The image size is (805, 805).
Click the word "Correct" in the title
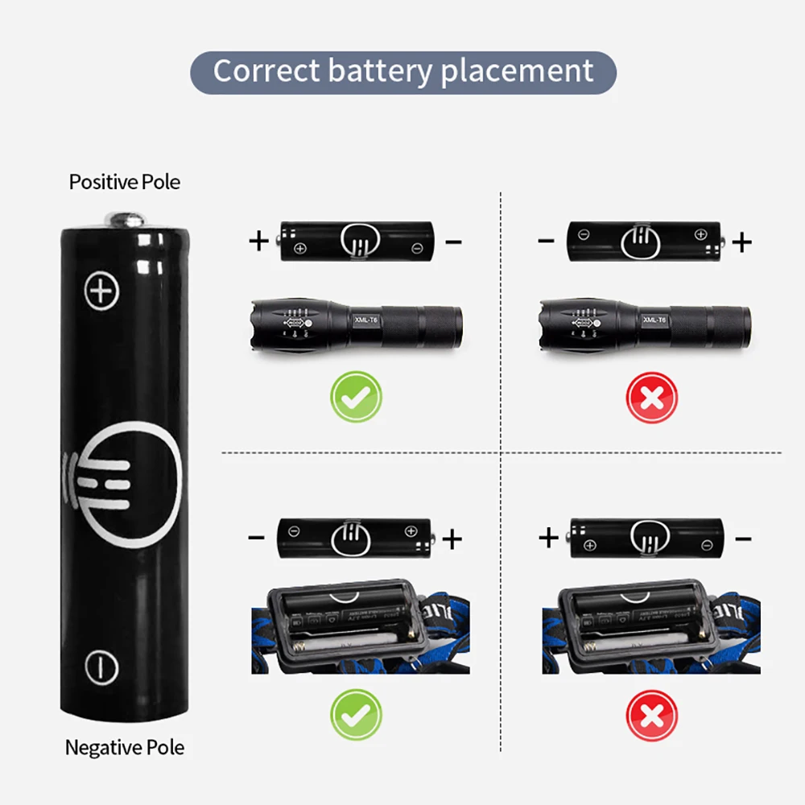266,71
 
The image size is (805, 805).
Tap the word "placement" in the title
517,72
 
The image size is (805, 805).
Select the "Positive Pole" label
125,182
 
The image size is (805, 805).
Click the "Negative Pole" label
125,748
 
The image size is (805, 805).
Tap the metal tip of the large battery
125,219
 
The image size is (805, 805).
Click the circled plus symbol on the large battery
101,290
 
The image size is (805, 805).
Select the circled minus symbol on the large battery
101,667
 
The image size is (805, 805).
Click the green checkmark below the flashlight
356,396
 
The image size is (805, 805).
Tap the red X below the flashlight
652,396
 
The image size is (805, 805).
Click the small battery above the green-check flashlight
356,241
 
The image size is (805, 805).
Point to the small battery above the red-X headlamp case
647,538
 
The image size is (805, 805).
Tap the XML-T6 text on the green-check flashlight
365,320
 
